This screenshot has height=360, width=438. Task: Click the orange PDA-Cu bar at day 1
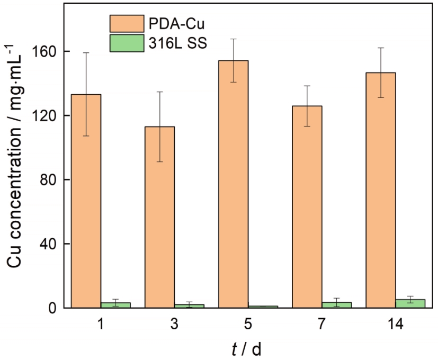pos(86,201)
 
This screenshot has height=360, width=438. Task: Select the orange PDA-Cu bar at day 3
pos(159,217)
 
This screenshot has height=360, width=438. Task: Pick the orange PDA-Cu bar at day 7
pos(307,206)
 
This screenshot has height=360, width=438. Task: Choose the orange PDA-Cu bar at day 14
pos(380,190)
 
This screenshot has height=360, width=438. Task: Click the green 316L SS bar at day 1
pos(115,305)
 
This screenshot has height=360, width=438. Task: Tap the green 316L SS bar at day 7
pos(336,304)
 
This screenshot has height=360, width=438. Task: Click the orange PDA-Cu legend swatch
pos(127,24)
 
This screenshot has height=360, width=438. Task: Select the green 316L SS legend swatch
pos(127,44)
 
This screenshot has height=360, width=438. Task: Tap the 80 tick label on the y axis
pos(48,180)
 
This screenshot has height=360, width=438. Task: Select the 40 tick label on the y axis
pos(48,244)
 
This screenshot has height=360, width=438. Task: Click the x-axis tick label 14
pos(395,325)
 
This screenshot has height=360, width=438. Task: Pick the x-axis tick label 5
pos(248,325)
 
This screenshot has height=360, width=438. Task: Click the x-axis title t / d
pos(247,349)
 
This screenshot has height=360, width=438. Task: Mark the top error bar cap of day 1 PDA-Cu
pos(86,53)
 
